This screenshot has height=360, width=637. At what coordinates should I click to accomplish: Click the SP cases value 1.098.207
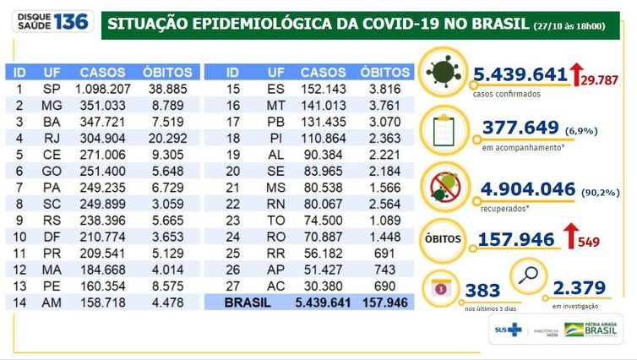click(104, 88)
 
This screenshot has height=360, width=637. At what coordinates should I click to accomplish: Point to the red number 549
click(589, 243)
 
